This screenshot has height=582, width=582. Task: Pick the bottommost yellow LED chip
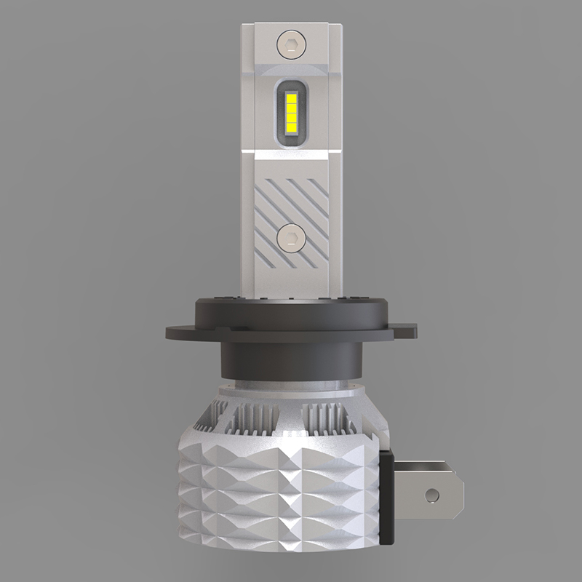[x=290, y=128]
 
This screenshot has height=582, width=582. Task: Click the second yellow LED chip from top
[x=290, y=108]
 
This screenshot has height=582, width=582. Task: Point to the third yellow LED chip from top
[x=290, y=118]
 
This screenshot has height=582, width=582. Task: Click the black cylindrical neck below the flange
[x=290, y=360]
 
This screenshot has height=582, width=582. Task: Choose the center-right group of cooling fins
[x=327, y=422]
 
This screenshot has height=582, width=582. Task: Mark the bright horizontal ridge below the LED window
[x=290, y=154]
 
